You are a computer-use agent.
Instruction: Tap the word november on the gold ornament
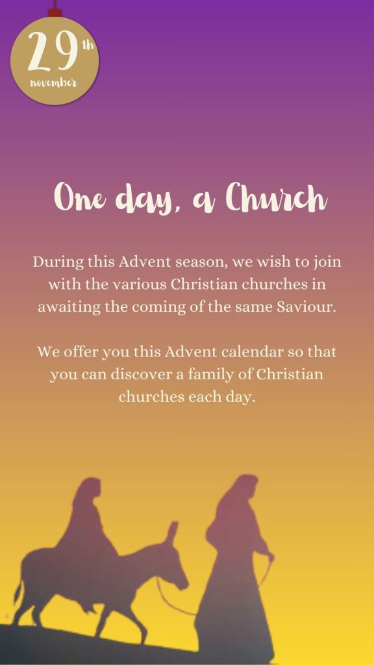(x=54, y=82)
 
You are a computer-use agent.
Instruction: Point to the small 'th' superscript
(x=88, y=45)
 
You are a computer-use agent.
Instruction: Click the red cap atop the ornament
(x=55, y=12)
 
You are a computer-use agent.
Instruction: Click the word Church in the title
(x=276, y=197)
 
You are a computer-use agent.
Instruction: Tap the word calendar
(x=252, y=352)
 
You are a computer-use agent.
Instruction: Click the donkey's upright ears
(x=171, y=533)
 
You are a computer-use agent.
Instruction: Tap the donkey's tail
(x=18, y=590)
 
